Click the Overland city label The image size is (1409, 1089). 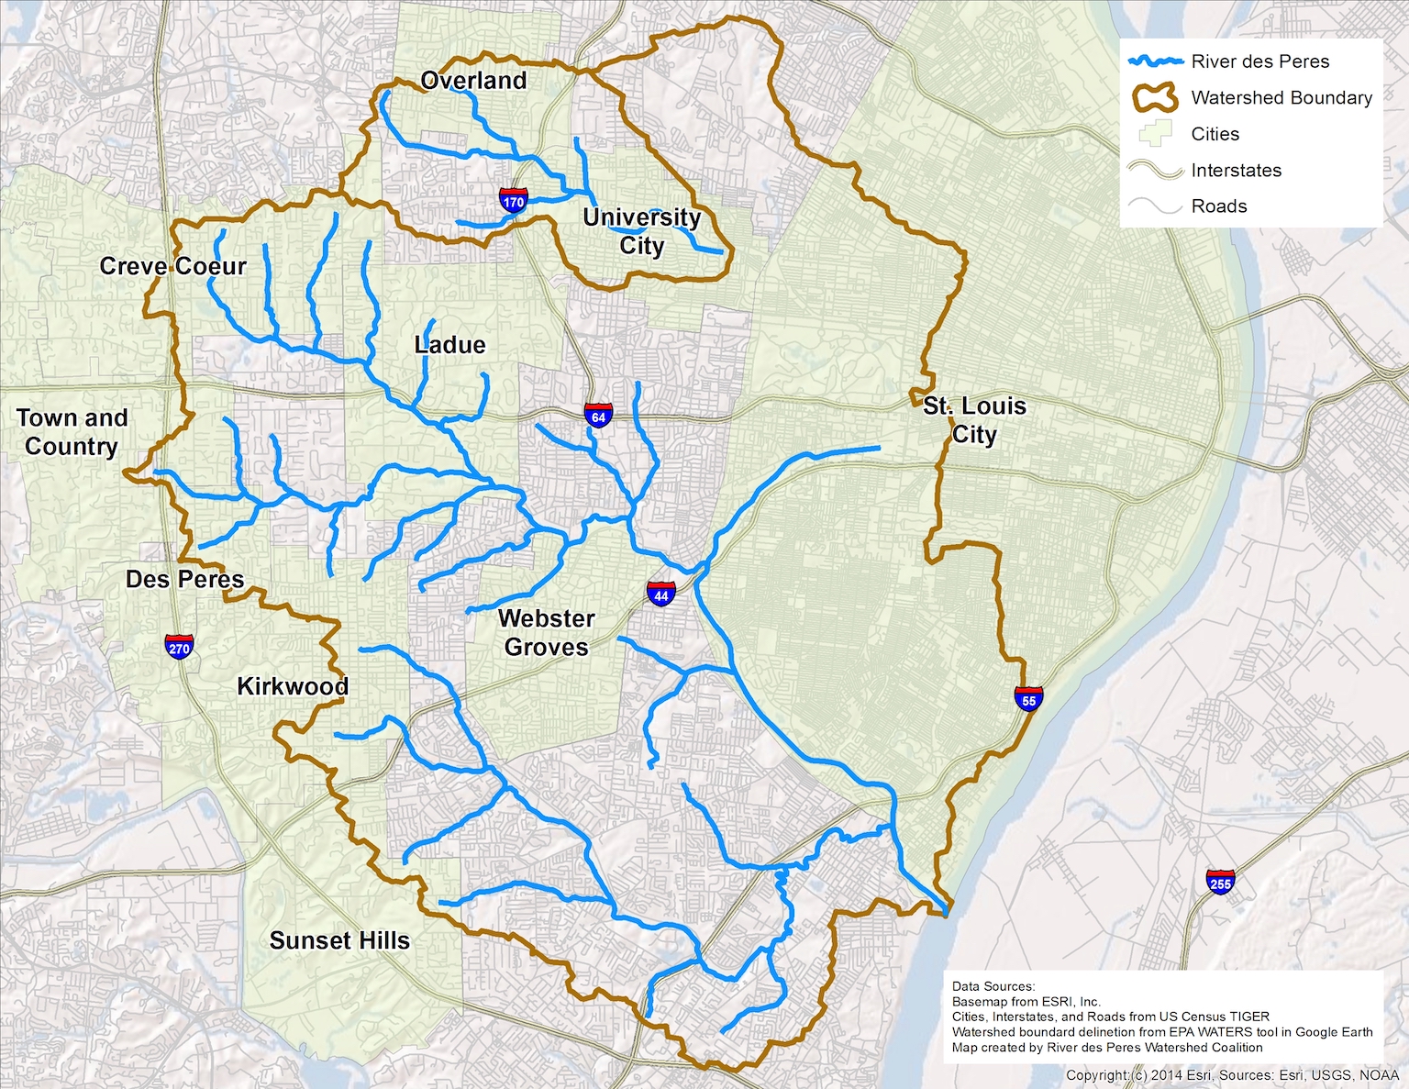coord(473,81)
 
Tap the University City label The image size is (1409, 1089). coord(642,231)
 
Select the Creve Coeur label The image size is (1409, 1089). coord(173,266)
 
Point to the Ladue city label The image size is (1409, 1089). coord(449,345)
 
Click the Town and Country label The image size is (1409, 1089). coord(72,432)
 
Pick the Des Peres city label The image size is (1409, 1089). coord(185,579)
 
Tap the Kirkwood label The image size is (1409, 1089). coord(293,686)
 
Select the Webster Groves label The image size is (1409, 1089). coord(547,633)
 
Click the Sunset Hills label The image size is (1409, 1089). coord(339,940)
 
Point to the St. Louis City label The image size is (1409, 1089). coord(974,420)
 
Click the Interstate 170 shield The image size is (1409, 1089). coord(514,201)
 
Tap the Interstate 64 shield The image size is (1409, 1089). coord(598,416)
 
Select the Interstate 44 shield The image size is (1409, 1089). coord(661,595)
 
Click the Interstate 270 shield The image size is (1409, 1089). coord(179,647)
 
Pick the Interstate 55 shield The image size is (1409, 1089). coord(1028,699)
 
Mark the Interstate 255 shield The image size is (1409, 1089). coord(1220,883)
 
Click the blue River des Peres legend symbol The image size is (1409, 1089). coord(1155,61)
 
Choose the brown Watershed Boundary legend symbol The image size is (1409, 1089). coord(1155,97)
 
